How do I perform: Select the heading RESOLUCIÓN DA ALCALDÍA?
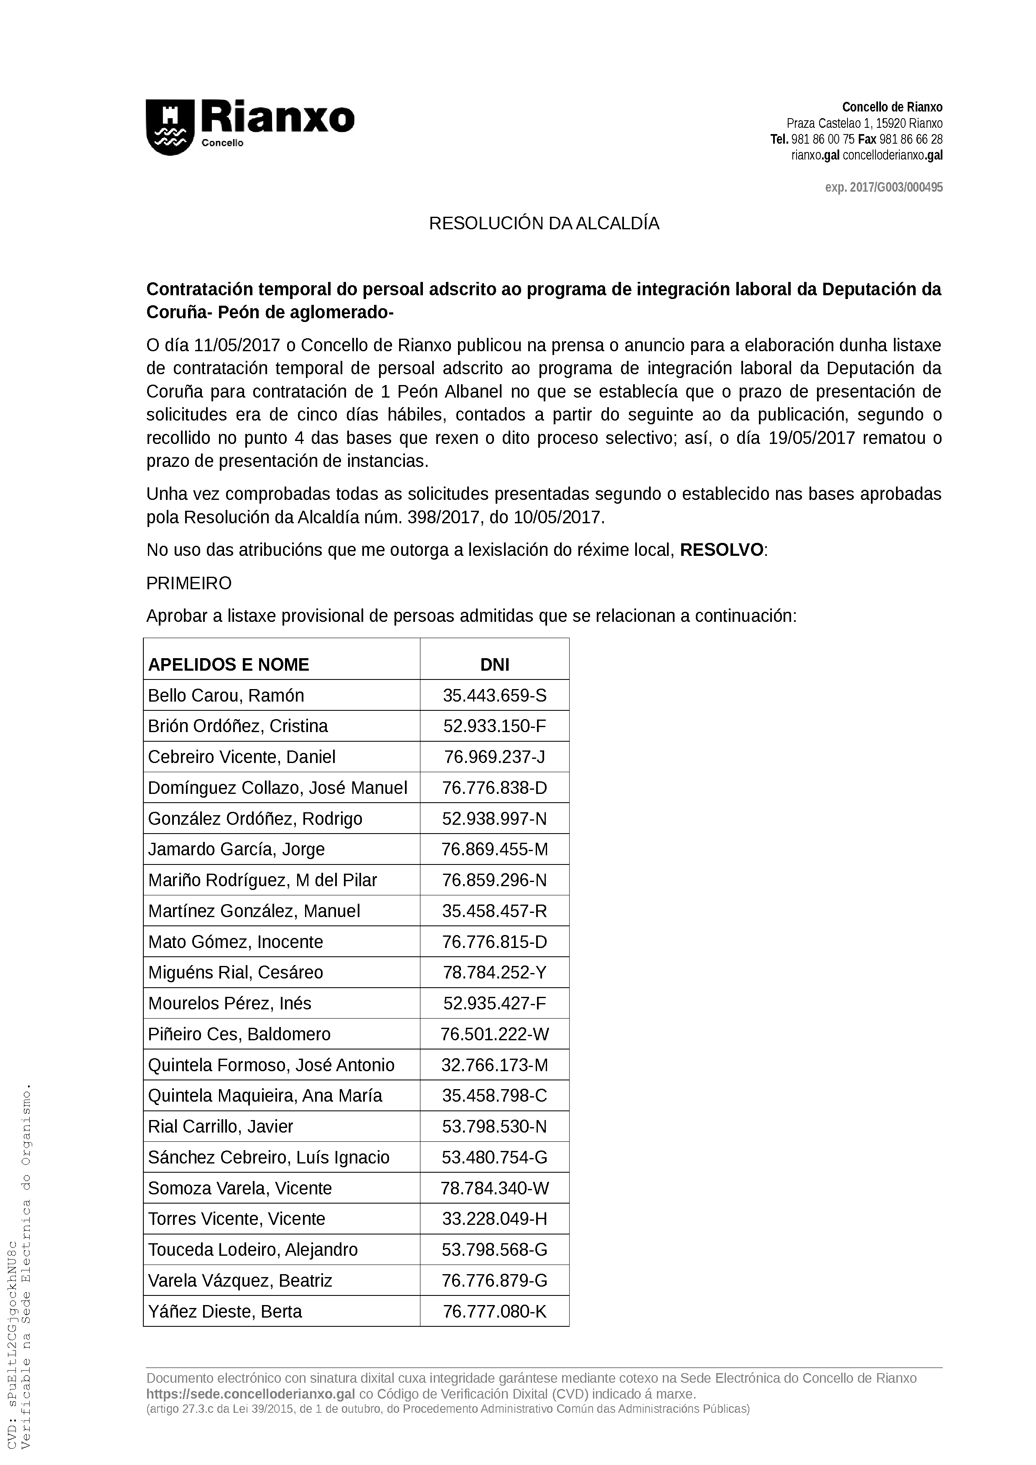coord(543,224)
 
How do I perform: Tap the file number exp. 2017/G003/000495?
coord(883,188)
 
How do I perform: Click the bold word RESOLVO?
coord(721,550)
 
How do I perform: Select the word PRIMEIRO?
coord(189,583)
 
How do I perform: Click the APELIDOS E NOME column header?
coord(229,665)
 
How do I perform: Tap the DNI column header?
coord(495,665)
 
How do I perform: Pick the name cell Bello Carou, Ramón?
coord(226,695)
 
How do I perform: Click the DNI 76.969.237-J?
coord(495,757)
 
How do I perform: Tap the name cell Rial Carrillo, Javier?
coord(220,1127)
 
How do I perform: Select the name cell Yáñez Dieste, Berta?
coord(225,1311)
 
